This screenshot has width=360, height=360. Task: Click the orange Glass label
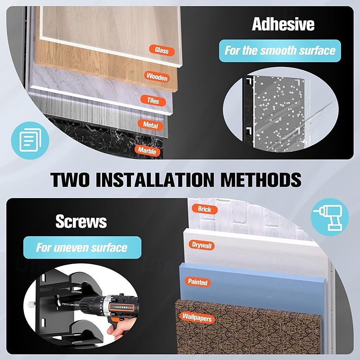[162, 50]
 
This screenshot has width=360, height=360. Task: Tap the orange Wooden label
[157, 76]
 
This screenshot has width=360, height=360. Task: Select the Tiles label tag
[153, 100]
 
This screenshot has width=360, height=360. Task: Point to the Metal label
[150, 125]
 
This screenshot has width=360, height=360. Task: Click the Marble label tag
[147, 151]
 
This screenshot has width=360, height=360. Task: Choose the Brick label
[204, 209]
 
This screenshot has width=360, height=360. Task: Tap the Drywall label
[202, 245]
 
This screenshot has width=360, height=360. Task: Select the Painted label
[198, 282]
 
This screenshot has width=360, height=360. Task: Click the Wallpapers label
[197, 317]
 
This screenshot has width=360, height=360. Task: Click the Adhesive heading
[283, 24]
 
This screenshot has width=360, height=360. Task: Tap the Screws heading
[81, 221]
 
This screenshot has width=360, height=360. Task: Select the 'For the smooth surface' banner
[280, 51]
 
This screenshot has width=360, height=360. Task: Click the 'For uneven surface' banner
[82, 247]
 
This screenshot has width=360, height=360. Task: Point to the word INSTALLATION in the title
[155, 180]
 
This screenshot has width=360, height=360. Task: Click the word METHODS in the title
[261, 180]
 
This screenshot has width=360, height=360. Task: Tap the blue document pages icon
[30, 140]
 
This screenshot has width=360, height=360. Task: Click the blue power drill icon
[330, 217]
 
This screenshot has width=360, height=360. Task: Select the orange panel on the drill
[121, 307]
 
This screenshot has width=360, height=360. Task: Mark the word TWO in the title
[70, 180]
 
